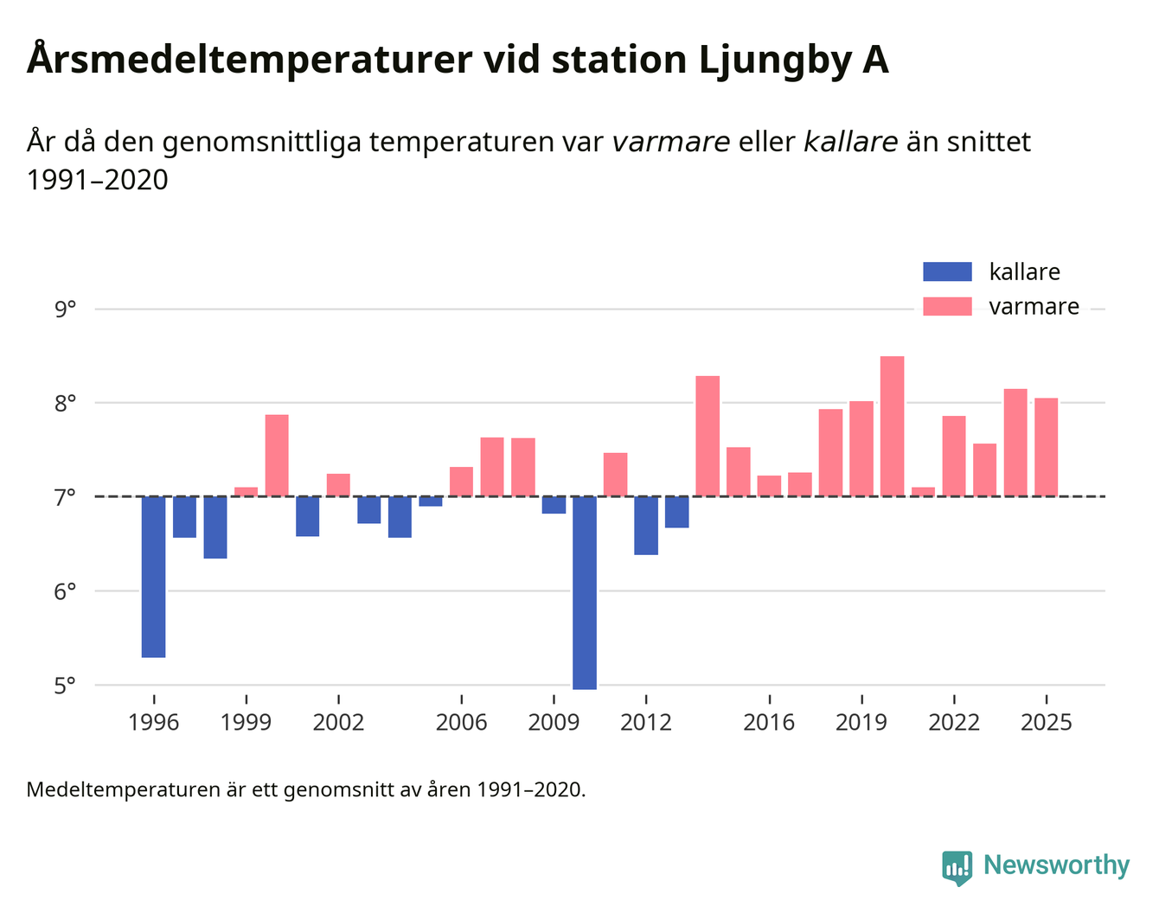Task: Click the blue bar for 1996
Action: [153, 577]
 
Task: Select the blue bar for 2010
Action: [585, 592]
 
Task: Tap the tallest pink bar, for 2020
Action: [892, 426]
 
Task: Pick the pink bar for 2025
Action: [1046, 447]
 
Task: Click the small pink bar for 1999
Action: [246, 492]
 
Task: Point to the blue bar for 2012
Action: [646, 525]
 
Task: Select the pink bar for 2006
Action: [461, 482]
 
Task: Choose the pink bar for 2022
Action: [953, 456]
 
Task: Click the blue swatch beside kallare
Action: [947, 272]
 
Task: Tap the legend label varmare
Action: [1034, 307]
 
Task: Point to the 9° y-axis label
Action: [65, 309]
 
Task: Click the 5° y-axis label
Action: [65, 686]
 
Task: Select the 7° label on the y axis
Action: [65, 497]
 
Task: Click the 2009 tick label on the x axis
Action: [554, 722]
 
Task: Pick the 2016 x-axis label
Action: [769, 722]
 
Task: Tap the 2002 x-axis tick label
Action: [338, 722]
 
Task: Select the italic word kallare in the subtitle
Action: [850, 142]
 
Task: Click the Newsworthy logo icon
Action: [957, 867]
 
